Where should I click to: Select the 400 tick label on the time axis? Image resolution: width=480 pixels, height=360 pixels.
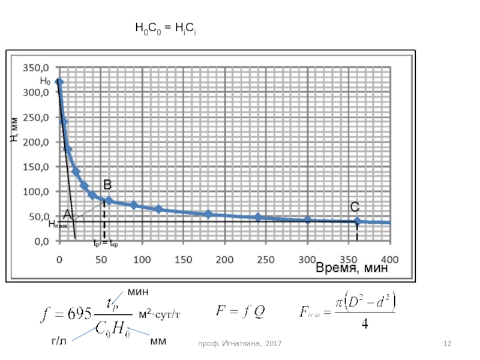point(389,260)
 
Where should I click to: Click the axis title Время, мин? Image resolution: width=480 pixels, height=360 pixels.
point(352,268)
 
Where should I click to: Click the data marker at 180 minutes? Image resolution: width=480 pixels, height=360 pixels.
point(208,214)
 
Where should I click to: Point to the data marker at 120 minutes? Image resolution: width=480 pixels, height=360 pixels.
point(158,209)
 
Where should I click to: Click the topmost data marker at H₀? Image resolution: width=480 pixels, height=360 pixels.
point(59,82)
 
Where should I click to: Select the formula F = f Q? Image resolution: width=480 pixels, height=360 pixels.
point(241,311)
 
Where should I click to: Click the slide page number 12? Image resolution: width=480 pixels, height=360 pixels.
point(447,343)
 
